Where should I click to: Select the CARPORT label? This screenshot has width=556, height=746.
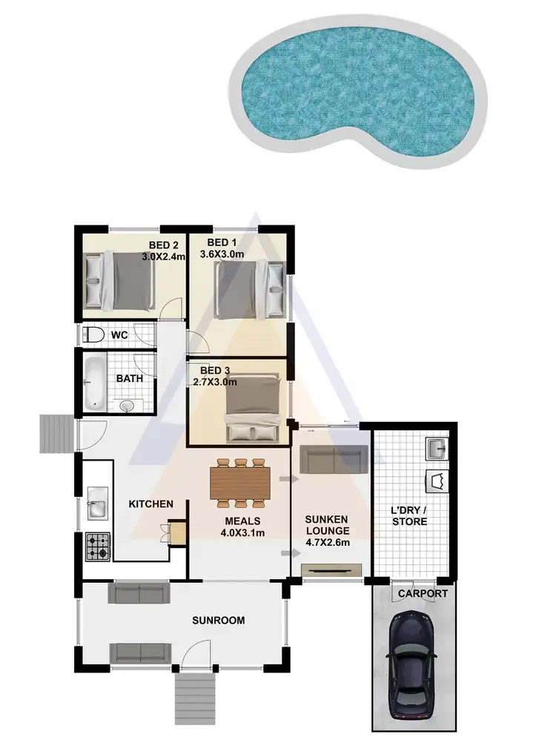pyautogui.click(x=423, y=594)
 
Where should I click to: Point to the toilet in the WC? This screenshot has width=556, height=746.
pyautogui.click(x=93, y=334)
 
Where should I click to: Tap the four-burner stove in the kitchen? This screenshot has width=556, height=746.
pyautogui.click(x=96, y=547)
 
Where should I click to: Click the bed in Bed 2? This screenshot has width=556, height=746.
pyautogui.click(x=120, y=280)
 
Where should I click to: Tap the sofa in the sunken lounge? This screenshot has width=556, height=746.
pyautogui.click(x=334, y=460)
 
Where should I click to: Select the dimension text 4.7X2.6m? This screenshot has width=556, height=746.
pyautogui.click(x=327, y=542)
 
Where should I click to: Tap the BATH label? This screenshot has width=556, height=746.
pyautogui.click(x=129, y=378)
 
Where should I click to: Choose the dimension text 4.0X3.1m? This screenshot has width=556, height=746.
pyautogui.click(x=243, y=532)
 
